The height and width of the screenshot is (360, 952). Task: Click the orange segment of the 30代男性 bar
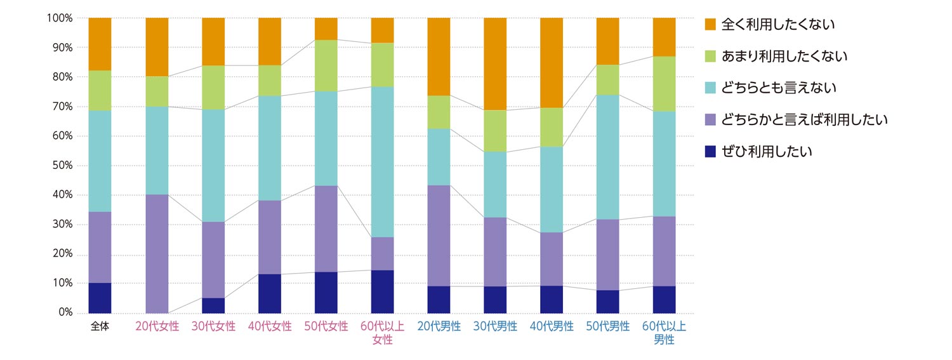click(495, 63)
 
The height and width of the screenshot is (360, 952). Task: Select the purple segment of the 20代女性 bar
click(157, 253)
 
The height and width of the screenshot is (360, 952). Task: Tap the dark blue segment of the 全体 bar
click(100, 298)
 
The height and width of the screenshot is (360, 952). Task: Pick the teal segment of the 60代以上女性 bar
click(382, 162)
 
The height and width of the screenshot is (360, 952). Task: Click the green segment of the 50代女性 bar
click(326, 65)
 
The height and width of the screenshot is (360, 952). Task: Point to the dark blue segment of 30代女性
click(213, 305)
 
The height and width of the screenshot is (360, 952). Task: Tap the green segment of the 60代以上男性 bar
click(664, 84)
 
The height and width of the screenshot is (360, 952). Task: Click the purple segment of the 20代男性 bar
click(439, 236)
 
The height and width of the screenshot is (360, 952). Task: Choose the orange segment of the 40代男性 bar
click(552, 63)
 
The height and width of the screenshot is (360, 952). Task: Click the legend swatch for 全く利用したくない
click(711, 25)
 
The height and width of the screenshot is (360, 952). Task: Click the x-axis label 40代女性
click(270, 327)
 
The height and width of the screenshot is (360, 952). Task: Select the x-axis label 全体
click(100, 327)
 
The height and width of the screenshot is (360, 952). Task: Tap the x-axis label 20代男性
click(439, 327)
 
